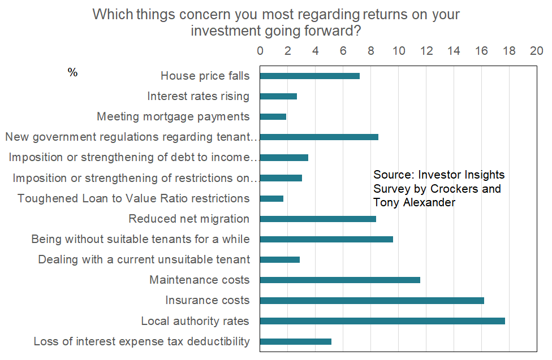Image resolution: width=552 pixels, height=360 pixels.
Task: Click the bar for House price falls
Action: [x=309, y=76]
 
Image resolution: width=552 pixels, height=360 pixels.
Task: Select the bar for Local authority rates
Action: [x=382, y=321]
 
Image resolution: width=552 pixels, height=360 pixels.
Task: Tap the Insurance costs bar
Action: [x=372, y=301]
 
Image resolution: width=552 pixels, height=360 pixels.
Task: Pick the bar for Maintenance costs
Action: [x=340, y=280]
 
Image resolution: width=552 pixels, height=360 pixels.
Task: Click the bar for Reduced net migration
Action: [x=318, y=219]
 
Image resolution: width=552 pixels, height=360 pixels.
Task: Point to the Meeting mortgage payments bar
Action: [x=273, y=116]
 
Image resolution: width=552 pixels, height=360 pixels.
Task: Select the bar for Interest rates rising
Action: [x=278, y=96]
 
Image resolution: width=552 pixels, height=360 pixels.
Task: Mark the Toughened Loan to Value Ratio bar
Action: [x=271, y=198]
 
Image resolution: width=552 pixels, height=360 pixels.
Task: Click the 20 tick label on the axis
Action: [x=536, y=50]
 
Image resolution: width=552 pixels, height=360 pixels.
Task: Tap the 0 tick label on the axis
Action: [x=260, y=50]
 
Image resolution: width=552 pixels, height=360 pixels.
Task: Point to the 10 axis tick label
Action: [x=399, y=50]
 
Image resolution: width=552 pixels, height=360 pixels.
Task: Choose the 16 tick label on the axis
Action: [x=481, y=50]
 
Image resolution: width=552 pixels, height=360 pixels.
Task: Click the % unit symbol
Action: [x=72, y=73]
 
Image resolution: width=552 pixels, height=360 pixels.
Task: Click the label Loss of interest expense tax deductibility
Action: [x=141, y=341]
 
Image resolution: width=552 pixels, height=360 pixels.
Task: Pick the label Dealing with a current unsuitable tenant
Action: [x=144, y=259]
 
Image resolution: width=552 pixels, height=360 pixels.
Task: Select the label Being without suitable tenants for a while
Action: [x=140, y=239]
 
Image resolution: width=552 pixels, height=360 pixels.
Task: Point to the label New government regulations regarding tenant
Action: [x=131, y=137]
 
